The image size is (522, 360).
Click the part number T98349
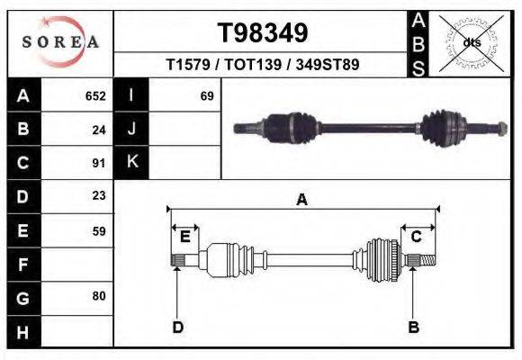pyautogui.click(x=263, y=33)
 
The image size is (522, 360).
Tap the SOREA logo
pyautogui.click(x=60, y=41)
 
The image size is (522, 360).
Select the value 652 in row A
pyautogui.click(x=95, y=95)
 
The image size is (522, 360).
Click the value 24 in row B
pyautogui.click(x=99, y=130)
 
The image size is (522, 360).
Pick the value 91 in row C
pyautogui.click(x=99, y=164)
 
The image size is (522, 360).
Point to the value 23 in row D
pyautogui.click(x=99, y=196)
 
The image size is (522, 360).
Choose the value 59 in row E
pyautogui.click(x=99, y=230)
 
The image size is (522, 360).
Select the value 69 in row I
pyautogui.click(x=206, y=95)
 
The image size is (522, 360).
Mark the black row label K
pyautogui.click(x=131, y=163)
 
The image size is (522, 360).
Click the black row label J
pyautogui.click(x=131, y=130)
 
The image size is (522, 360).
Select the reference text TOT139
pyautogui.click(x=263, y=66)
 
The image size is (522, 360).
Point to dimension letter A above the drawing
pyautogui.click(x=302, y=200)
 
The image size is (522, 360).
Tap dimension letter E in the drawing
pyautogui.click(x=184, y=237)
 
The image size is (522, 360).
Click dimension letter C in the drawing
pyautogui.click(x=417, y=237)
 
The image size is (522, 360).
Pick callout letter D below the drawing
pyautogui.click(x=177, y=327)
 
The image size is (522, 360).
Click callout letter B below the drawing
pyautogui.click(x=414, y=327)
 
